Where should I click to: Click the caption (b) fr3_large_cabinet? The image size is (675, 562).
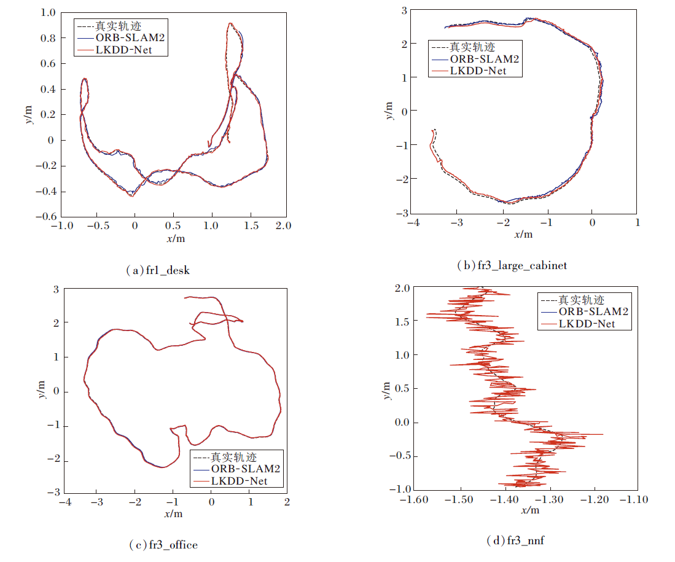[x=512, y=265]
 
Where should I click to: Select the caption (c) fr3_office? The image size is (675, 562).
[x=163, y=545]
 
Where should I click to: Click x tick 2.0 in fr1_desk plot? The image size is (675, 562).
[x=283, y=225]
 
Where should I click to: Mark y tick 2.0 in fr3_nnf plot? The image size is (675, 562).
[x=402, y=288]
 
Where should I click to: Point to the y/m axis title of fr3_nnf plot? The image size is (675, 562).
[x=386, y=389]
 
